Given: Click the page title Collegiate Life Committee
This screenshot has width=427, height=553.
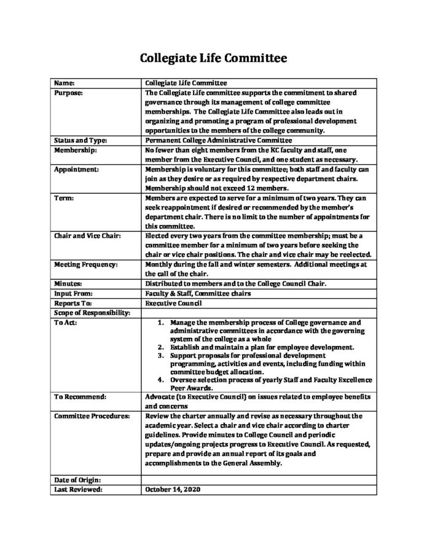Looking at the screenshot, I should point(213,59).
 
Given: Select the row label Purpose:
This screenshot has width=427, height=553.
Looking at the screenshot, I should point(69,92).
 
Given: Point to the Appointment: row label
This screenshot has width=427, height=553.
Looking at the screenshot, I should point(76,168).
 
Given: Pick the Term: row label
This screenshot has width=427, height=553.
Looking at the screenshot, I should point(64,198).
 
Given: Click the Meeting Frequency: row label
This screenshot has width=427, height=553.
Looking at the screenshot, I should point(84,264).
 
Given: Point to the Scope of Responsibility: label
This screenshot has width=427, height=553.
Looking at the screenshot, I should point(92,313).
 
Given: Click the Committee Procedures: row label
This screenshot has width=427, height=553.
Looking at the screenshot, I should point(92,417).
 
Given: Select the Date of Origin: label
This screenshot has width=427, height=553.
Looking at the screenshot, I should point(77,479).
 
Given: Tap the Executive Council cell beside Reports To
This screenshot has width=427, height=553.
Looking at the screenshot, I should point(168,303).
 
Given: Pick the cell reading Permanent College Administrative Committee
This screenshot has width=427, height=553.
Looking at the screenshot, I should point(205,140).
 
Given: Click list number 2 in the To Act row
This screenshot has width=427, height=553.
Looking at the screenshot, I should point(160,347).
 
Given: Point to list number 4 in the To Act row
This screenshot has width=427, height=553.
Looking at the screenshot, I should point(160,379).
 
